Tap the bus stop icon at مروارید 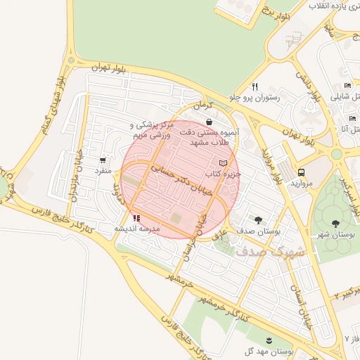[x=302, y=172]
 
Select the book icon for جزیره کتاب [x=224, y=163]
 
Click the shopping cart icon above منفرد [x=103, y=160]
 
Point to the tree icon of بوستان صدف [x=258, y=219]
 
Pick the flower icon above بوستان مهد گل [x=269, y=340]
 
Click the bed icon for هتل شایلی [x=347, y=86]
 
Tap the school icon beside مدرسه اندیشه [x=136, y=219]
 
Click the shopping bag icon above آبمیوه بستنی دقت [x=210, y=122]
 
